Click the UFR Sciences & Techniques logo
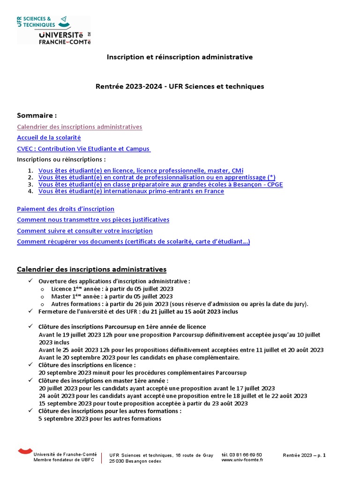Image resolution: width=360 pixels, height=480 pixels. click(52, 30)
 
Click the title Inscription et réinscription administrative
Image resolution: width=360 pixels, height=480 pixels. click(180, 57)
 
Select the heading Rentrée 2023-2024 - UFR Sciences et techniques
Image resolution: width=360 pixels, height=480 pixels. click(180, 86)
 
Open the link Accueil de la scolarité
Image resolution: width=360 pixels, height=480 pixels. click(49, 137)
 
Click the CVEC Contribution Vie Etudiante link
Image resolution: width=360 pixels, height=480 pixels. click(83, 149)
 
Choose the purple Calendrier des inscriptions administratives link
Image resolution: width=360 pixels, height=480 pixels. click(79, 127)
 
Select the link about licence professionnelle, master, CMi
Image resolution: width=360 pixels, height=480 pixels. click(141, 171)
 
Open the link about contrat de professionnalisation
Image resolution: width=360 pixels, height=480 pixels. click(157, 177)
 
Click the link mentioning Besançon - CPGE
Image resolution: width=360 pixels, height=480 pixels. click(160, 184)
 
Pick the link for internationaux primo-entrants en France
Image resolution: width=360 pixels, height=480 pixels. click(131, 191)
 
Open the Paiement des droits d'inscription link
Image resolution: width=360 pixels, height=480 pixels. click(66, 209)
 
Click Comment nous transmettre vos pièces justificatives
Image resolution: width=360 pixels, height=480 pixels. click(93, 219)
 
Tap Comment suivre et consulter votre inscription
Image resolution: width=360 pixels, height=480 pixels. click(85, 231)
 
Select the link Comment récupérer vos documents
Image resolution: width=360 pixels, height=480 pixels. click(133, 241)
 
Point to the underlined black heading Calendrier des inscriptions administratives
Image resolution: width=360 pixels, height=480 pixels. click(91, 269)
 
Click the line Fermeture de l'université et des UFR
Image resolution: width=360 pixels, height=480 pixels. click(138, 311)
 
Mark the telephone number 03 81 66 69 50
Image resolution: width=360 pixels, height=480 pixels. click(241, 455)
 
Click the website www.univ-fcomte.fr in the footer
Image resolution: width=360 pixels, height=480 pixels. click(242, 460)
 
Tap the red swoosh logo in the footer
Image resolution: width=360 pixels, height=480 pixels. click(25, 451)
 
